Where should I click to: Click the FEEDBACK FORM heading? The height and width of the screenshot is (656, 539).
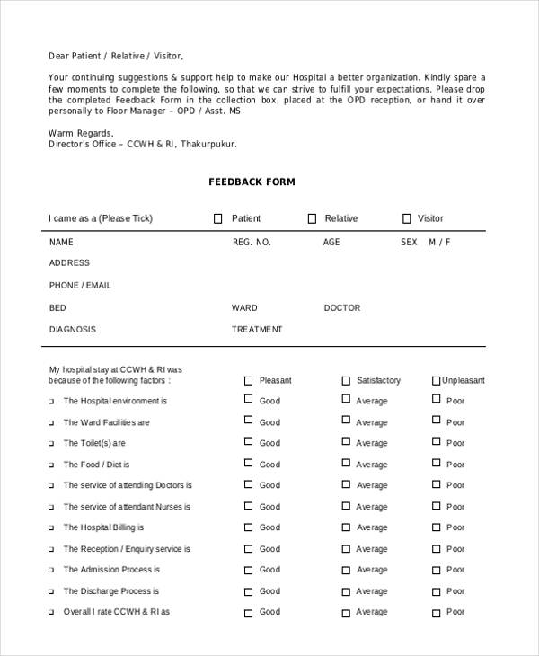[252, 182]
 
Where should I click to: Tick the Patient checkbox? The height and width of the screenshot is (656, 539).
[217, 218]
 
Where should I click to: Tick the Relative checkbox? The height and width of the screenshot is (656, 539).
[312, 218]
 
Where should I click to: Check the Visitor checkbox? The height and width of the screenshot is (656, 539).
[406, 218]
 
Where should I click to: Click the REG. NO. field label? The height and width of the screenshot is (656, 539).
[252, 243]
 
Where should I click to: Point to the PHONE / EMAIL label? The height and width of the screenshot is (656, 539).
[80, 285]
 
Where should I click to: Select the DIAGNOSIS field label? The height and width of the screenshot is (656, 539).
[72, 330]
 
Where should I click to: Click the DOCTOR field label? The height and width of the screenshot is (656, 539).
[341, 308]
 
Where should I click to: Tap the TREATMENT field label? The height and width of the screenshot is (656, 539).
[257, 330]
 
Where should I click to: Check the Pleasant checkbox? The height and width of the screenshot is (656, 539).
[249, 380]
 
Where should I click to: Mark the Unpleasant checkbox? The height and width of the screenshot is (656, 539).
[437, 380]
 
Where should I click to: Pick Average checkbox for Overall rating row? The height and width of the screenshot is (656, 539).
[346, 611]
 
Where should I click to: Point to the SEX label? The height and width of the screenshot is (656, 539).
[409, 243]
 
